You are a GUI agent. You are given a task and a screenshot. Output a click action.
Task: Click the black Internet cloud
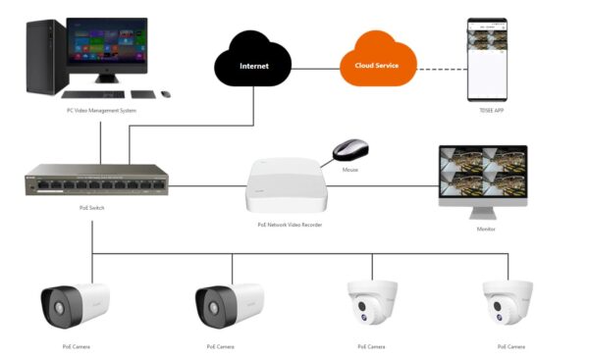point(253,67)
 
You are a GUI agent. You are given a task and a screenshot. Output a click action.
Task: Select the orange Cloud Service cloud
point(378,67)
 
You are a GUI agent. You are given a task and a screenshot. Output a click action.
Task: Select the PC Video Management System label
point(94,111)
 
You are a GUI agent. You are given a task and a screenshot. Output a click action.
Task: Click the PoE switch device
point(92,183)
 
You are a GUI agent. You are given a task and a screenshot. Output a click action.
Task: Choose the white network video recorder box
point(284,183)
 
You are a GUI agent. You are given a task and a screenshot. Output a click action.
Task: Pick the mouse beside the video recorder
point(351,150)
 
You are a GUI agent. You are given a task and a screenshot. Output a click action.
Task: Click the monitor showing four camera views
point(482,177)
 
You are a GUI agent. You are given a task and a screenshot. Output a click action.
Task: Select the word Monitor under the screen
point(486,230)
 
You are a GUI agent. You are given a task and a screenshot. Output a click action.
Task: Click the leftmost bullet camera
point(75,305)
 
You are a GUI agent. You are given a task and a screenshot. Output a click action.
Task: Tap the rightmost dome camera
point(508,301)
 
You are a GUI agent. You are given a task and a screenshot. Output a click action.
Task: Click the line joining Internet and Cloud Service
point(316,68)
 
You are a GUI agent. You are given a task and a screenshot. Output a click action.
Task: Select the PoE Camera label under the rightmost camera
point(511,346)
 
